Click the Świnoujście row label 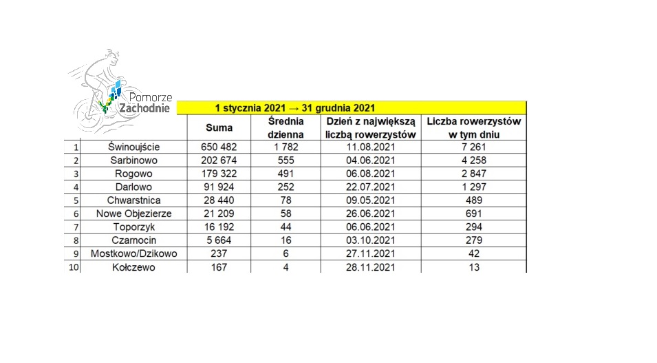(133, 147)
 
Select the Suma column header (219, 127)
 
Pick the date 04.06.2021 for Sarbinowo (371, 160)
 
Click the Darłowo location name (133, 187)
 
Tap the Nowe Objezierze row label (133, 214)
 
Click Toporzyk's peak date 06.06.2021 (371, 227)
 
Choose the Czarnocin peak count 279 (474, 240)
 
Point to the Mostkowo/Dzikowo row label (133, 253)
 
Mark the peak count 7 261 (474, 147)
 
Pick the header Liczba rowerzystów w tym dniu (474, 127)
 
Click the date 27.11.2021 (371, 253)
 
